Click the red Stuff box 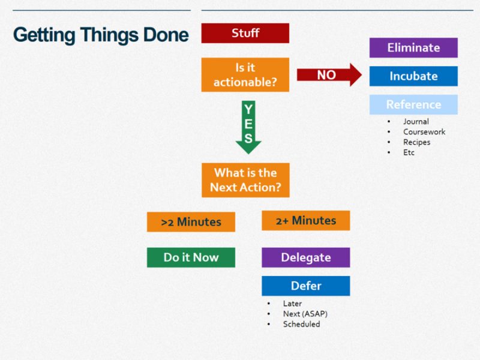point(245,33)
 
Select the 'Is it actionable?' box point(245,75)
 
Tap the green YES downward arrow point(248,127)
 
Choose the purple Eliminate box point(413,48)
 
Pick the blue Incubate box point(413,76)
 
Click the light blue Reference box point(413,104)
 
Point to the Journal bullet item point(416,122)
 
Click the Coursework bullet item point(424,132)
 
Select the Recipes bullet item point(416,142)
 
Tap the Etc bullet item point(409,152)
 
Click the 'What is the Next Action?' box point(245,180)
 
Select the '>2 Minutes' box point(191,222)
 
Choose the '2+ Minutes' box point(305,221)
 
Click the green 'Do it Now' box point(191,257)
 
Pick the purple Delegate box point(305,257)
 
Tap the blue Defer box point(305,286)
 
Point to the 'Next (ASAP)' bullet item point(305,314)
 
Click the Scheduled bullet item point(301,324)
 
